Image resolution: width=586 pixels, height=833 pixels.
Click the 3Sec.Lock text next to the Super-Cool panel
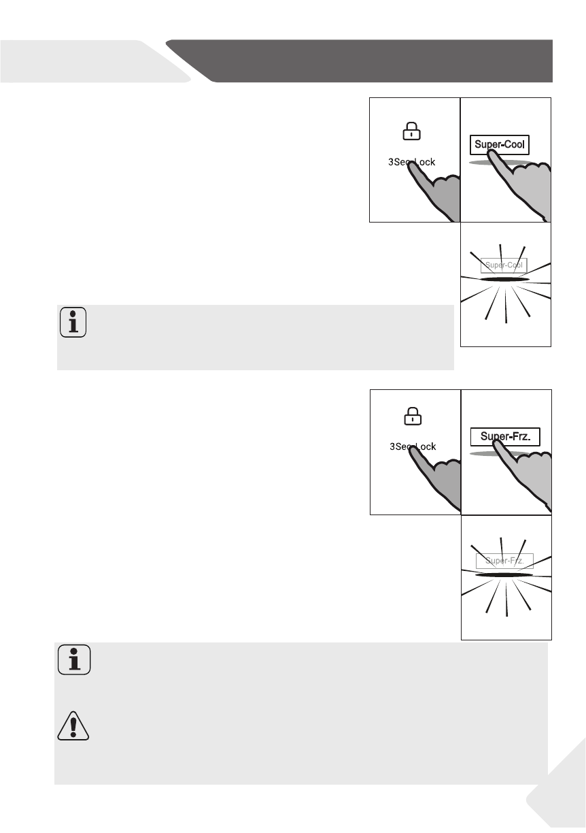coord(415,162)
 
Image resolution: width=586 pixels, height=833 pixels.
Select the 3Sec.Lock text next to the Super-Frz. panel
coord(416,446)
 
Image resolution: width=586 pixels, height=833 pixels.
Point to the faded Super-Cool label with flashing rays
coord(504,265)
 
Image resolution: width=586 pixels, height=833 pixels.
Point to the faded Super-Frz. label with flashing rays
coord(504,561)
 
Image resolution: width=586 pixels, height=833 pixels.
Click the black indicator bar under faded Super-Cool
coord(504,279)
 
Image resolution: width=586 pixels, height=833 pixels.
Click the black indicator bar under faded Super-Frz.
coord(504,575)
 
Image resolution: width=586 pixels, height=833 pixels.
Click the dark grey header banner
coord(367,61)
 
